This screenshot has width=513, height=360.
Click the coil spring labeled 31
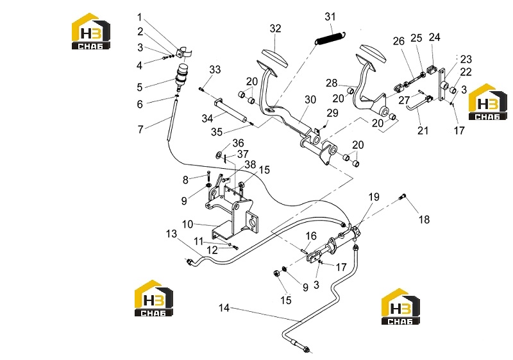330,37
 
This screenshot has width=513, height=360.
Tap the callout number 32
275,28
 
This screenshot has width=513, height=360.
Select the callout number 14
224,308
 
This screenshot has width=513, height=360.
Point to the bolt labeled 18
403,197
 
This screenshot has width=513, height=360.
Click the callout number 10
187,224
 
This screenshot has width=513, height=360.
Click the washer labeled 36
219,155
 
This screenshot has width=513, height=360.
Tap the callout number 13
171,234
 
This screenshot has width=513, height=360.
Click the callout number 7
140,129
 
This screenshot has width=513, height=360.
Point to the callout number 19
374,197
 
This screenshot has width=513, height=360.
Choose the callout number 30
310,99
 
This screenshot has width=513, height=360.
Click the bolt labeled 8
208,175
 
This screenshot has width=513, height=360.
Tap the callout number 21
423,130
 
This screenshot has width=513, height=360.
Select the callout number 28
332,83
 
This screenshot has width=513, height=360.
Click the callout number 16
311,236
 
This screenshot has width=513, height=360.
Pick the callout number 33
215,69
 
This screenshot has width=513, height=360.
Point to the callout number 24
435,37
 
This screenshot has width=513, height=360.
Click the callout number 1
139,17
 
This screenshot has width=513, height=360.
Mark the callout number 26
399,41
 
